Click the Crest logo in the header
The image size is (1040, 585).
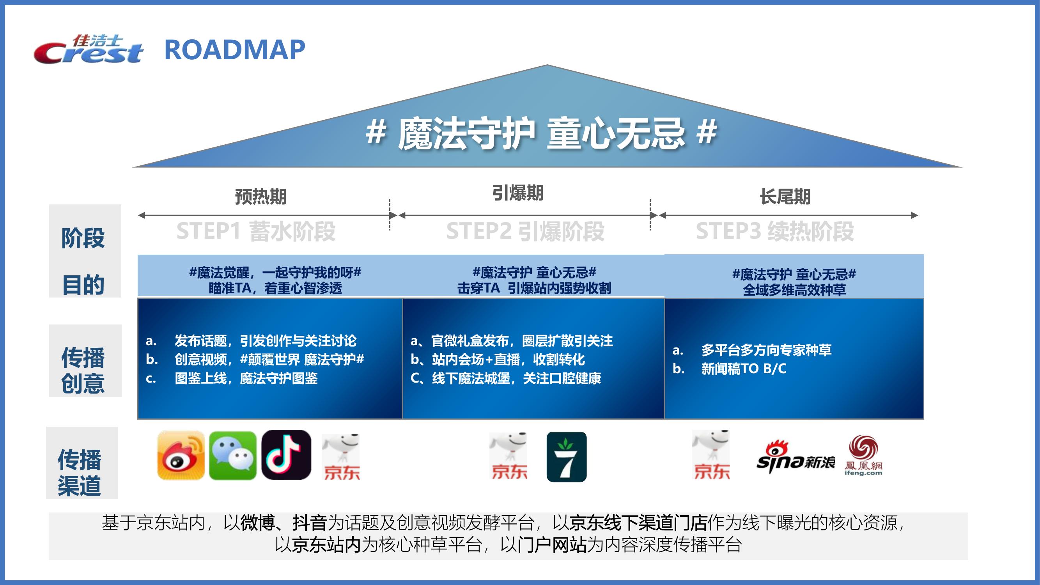pyautogui.click(x=88, y=49)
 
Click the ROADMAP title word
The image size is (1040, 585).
pyautogui.click(x=235, y=50)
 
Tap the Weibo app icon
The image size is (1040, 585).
pyautogui.click(x=181, y=455)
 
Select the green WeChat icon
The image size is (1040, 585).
pyautogui.click(x=232, y=456)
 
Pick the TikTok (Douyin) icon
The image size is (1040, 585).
pyautogui.click(x=286, y=455)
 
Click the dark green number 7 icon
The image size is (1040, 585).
pyautogui.click(x=567, y=457)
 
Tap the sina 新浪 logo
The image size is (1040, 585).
pyautogui.click(x=796, y=457)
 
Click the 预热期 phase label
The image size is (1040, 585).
pyautogui.click(x=261, y=197)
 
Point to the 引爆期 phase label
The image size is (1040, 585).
pyautogui.click(x=517, y=193)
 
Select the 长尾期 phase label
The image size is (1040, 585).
pyautogui.click(x=785, y=197)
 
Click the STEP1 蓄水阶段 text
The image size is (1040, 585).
pyautogui.click(x=256, y=231)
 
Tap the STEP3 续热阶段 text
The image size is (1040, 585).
pyautogui.click(x=775, y=231)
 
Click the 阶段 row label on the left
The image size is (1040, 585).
pyautogui.click(x=83, y=238)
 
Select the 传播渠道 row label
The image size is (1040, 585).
pyautogui.click(x=80, y=472)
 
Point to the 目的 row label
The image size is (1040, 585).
pyautogui.click(x=83, y=285)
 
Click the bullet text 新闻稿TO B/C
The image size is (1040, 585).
pyautogui.click(x=744, y=369)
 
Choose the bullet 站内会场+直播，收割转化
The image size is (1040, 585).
pyautogui.click(x=508, y=359)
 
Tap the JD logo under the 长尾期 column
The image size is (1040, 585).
pyautogui.click(x=711, y=455)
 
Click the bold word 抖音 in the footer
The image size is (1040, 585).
pyautogui.click(x=310, y=523)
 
